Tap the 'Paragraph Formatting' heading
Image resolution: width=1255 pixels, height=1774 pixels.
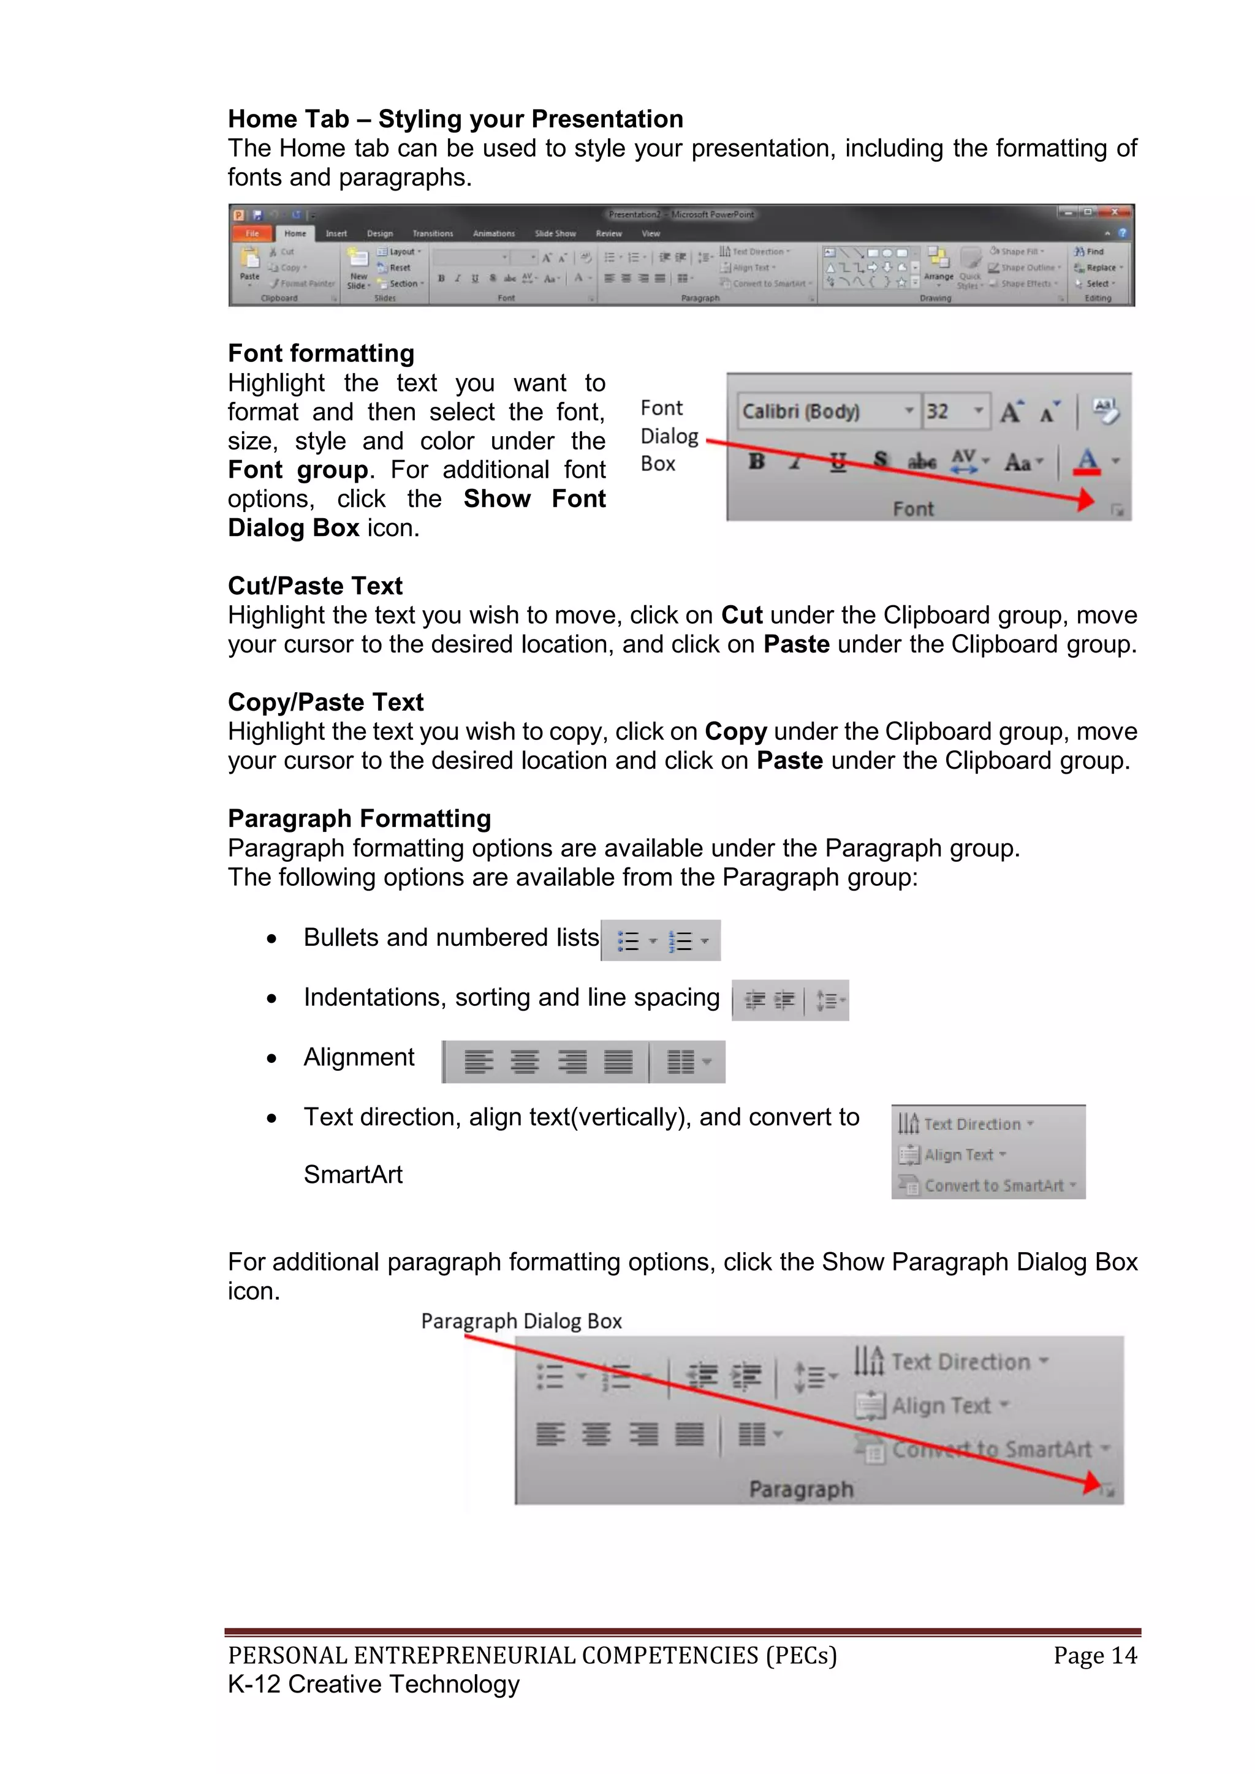pos(359,818)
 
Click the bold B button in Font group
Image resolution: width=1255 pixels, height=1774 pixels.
pos(757,461)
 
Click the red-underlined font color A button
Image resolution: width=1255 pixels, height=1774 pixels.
pos(1086,461)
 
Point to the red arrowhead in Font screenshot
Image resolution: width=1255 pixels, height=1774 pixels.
pos(1086,500)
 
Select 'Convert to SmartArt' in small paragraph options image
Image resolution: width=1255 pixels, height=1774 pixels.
pos(994,1185)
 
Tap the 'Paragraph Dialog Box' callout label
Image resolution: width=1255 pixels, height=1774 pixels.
pos(521,1321)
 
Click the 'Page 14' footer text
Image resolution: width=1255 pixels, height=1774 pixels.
pos(1094,1655)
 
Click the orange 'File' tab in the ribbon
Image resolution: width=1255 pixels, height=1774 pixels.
pos(252,233)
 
